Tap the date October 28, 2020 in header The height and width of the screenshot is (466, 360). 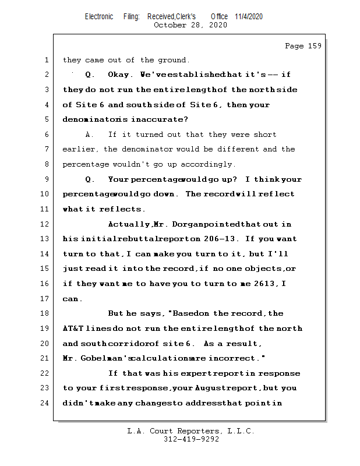coord(190,25)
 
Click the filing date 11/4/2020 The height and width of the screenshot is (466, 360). coord(249,16)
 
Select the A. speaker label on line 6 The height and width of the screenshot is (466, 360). coord(90,135)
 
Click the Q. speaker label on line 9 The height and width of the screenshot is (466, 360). coord(90,179)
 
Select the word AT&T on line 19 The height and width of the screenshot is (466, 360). coord(73,329)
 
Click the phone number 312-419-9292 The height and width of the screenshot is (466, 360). coord(191,440)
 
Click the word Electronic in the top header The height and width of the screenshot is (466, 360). coord(99,16)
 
